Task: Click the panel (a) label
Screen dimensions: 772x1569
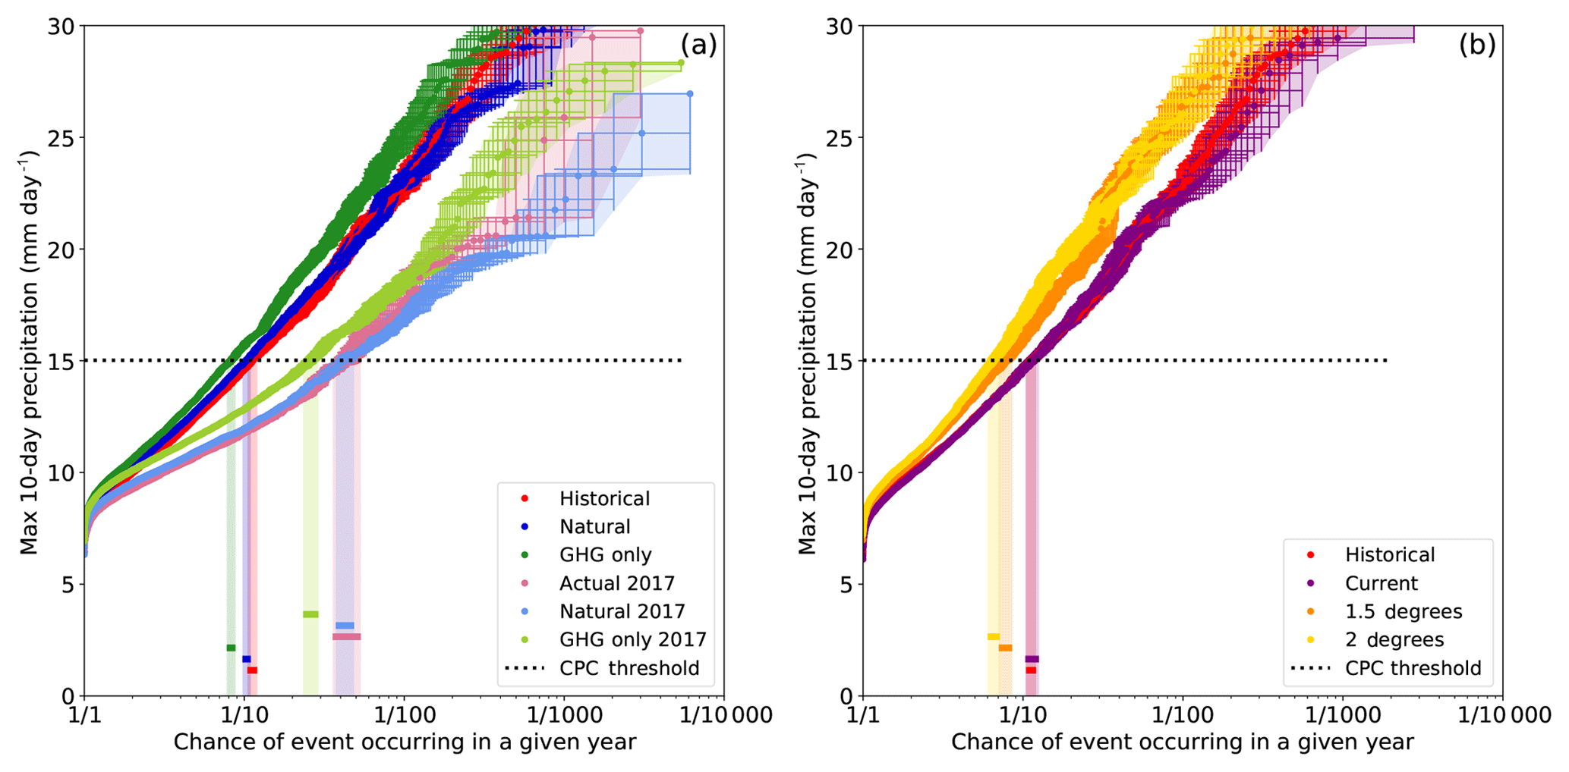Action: (698, 45)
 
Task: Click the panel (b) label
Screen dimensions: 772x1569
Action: (1477, 45)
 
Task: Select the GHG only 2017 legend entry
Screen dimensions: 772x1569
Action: (632, 639)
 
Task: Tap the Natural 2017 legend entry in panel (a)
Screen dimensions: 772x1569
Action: (622, 611)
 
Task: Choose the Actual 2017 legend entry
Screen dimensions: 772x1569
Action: (616, 583)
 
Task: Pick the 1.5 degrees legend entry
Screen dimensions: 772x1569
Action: (1403, 611)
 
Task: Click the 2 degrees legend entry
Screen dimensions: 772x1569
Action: (1394, 639)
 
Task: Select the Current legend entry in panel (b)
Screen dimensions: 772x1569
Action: (1381, 583)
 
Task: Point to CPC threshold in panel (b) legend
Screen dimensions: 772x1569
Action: (1413, 668)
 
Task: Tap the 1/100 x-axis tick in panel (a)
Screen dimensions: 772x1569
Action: (403, 715)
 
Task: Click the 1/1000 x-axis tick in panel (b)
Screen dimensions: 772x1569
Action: (1341, 715)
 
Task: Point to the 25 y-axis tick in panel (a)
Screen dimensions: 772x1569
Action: (64, 138)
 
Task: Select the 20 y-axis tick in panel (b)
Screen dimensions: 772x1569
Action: (843, 249)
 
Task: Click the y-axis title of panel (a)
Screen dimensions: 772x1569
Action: (30, 353)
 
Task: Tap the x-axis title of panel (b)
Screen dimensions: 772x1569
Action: (1182, 742)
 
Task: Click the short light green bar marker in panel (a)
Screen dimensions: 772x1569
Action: (310, 614)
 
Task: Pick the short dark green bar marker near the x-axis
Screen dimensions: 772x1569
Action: (231, 648)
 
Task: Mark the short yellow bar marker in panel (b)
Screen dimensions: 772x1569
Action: (993, 637)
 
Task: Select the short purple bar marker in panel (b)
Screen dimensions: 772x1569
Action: (1032, 659)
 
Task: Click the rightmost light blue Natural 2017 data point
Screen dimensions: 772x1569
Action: (689, 94)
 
